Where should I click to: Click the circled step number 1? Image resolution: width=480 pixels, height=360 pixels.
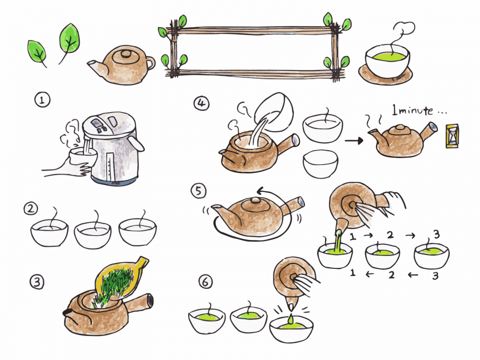point(42,100)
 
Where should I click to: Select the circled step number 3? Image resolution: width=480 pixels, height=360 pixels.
point(37,282)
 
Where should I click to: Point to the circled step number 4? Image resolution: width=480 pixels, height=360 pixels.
point(202,103)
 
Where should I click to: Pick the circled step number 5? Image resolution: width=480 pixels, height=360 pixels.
point(199,191)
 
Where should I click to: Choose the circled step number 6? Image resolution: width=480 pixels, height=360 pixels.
point(205,281)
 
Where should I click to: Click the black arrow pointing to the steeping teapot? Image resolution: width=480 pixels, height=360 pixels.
point(354,141)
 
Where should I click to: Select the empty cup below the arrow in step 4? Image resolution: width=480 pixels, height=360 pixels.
point(321,164)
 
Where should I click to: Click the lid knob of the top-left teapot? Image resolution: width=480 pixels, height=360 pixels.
point(125,54)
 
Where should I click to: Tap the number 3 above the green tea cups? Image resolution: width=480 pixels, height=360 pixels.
point(437,235)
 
